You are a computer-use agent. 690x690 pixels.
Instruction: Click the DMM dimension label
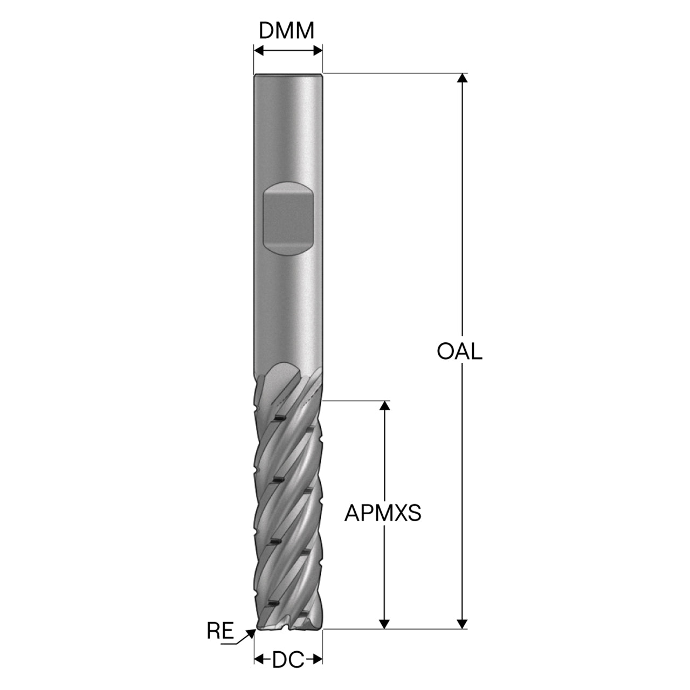coord(286,31)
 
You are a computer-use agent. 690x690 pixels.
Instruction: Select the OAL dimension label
coord(459,351)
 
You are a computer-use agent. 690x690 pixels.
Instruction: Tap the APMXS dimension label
coord(382,513)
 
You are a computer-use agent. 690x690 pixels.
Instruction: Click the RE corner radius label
coord(220,631)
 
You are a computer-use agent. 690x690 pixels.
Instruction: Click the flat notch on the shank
coord(288,219)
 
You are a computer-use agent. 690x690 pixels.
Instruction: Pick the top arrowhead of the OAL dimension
coord(463,78)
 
